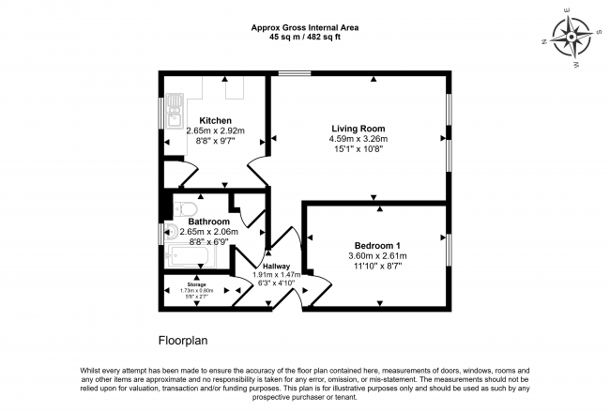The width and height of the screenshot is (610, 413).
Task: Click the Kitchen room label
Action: pos(215,120)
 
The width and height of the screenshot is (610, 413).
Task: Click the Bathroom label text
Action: pos(210,222)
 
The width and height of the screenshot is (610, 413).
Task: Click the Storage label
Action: pos(195,283)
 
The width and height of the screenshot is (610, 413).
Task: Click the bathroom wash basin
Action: pos(172,232)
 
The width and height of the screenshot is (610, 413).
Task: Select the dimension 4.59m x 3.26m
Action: pos(358,139)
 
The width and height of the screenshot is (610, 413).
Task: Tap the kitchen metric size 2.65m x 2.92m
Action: pos(215,130)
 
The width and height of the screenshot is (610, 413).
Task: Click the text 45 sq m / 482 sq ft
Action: pos(305,38)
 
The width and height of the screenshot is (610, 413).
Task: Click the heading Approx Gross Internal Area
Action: pos(305,27)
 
